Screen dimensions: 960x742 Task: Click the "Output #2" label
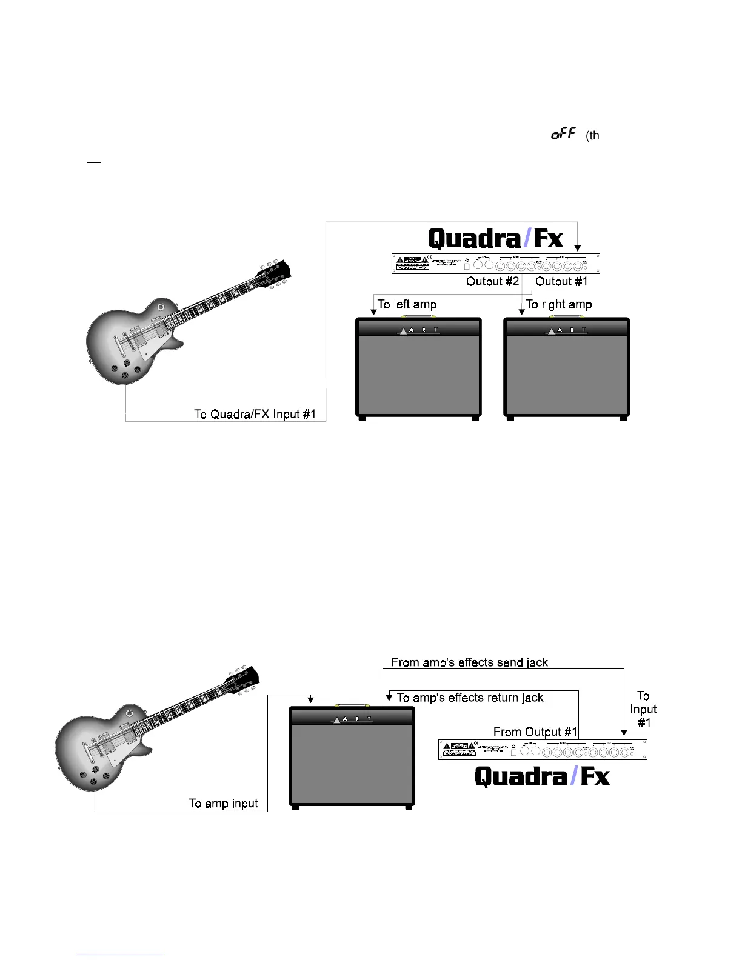click(492, 281)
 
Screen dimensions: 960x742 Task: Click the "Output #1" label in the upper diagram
click(561, 281)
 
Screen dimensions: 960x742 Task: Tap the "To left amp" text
click(407, 304)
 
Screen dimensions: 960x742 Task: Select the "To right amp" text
click(558, 304)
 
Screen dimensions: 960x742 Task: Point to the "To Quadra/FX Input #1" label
click(255, 414)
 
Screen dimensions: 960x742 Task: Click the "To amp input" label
click(223, 803)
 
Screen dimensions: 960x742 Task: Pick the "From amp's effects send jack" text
click(469, 662)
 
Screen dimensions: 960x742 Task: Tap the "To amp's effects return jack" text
click(470, 698)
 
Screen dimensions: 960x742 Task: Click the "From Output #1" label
click(535, 732)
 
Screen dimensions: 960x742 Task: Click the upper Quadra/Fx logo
click(495, 239)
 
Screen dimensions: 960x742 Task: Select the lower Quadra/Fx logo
click(542, 776)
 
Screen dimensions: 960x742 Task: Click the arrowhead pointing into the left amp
click(373, 312)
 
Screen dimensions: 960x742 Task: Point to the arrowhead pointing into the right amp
click(522, 312)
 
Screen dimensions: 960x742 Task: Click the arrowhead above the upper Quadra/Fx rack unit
click(578, 248)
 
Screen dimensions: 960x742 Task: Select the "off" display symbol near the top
click(563, 134)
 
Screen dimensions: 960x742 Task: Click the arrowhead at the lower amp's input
click(310, 700)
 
